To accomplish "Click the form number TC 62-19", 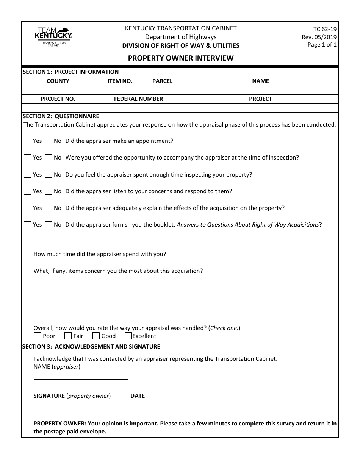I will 325,29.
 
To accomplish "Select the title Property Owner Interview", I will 180,58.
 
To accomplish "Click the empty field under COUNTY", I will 59,90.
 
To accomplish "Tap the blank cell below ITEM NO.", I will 120,90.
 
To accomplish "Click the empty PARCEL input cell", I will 162,90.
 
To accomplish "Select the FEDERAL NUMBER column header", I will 138,99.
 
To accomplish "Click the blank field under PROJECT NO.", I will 59,108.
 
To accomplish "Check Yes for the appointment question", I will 27,141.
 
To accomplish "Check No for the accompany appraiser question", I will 49,158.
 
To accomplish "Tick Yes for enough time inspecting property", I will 27,174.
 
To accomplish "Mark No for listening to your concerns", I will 49,191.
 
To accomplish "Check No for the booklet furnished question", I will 49,225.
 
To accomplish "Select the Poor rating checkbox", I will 38,336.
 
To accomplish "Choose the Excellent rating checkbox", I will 128,336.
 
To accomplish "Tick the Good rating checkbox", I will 96,336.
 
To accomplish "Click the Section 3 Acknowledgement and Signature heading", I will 91,346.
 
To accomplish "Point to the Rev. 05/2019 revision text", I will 319,37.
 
